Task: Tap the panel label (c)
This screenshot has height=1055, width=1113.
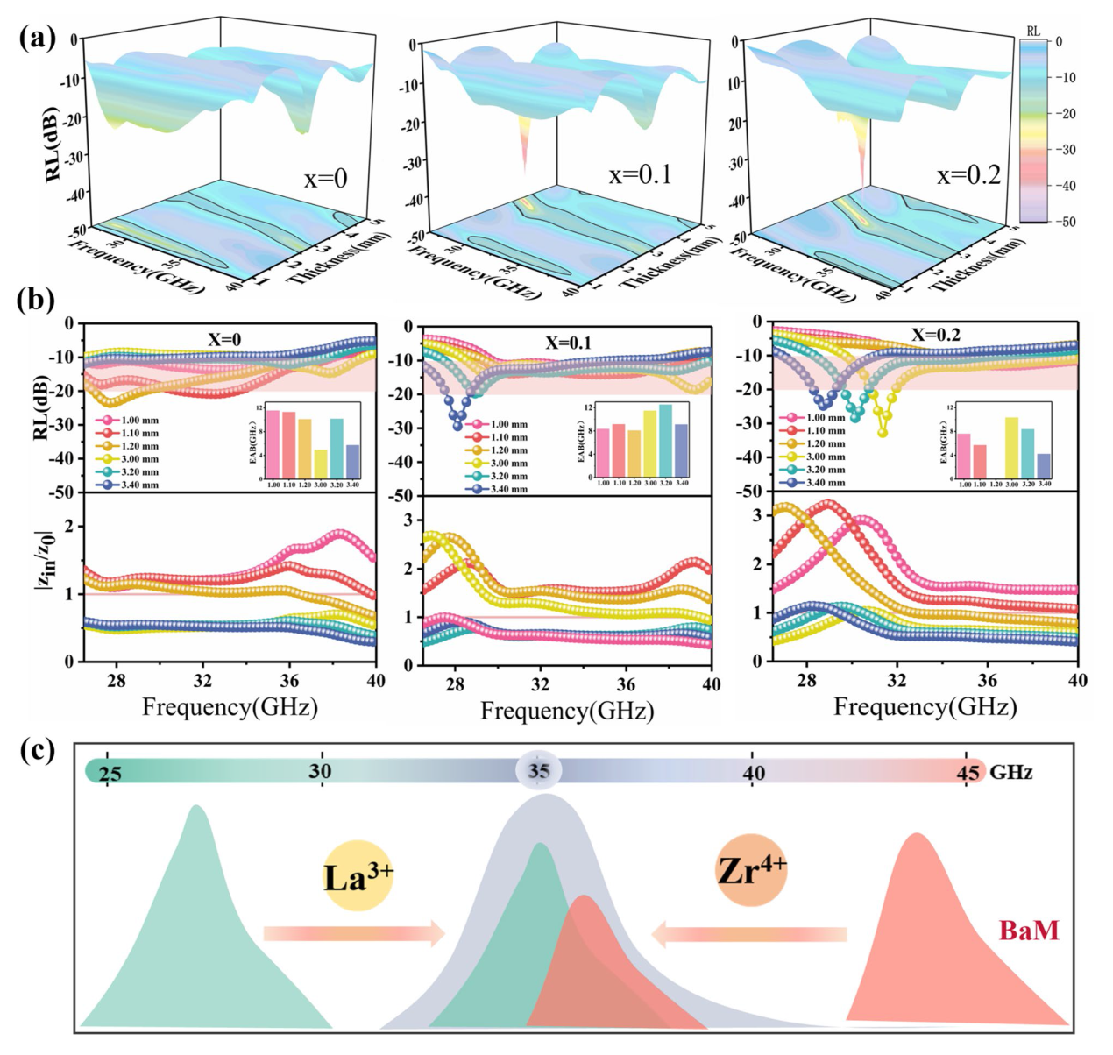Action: (x=36, y=751)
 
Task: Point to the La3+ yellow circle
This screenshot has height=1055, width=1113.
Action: (x=358, y=876)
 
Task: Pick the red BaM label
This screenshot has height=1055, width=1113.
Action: (x=1029, y=930)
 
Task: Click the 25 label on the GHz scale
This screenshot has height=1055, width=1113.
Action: (x=110, y=773)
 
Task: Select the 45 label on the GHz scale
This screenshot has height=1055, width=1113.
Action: (x=968, y=773)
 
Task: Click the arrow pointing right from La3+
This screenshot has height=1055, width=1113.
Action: (x=354, y=934)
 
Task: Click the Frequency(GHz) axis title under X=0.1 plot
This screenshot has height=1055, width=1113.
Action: (x=567, y=711)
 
